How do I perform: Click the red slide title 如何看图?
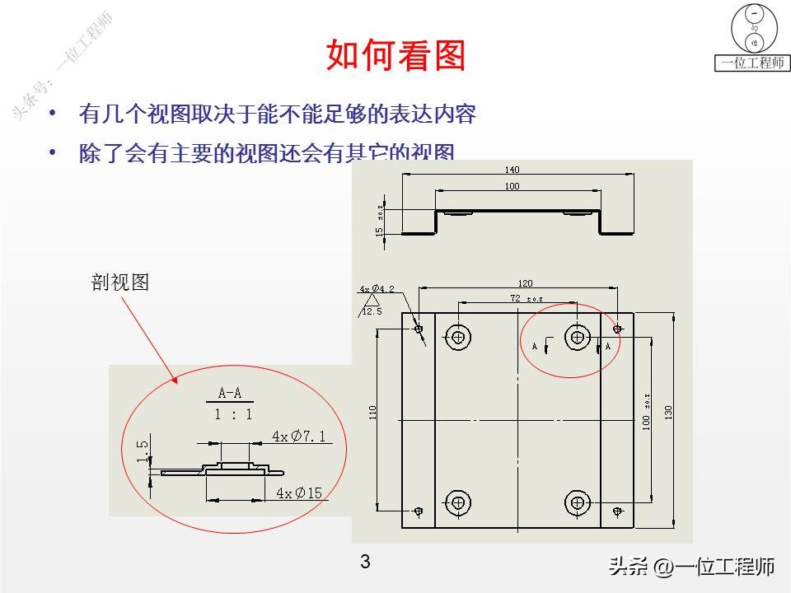[x=396, y=55]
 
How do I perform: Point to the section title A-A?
[x=230, y=393]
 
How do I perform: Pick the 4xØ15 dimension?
[x=299, y=493]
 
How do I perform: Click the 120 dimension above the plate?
[x=522, y=282]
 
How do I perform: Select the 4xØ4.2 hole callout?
[x=377, y=289]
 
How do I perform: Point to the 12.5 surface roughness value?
[x=372, y=311]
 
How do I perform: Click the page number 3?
[x=365, y=563]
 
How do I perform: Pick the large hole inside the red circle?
[x=577, y=336]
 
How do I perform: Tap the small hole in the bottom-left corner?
[x=419, y=511]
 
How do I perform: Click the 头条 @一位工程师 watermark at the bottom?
[x=691, y=567]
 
